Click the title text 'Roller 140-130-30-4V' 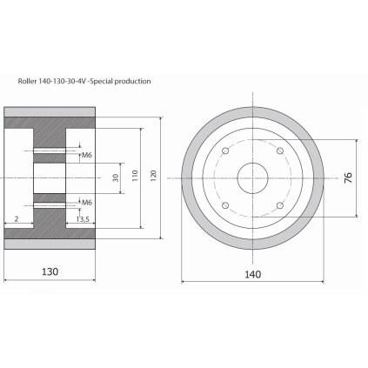pos(52,81)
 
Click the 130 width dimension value pos(50,271)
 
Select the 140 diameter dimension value pos(253,274)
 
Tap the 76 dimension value pos(348,177)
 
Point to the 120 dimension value pos(153,176)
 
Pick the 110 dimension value pos(135,176)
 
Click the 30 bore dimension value pos(116,177)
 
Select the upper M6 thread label pos(87,155)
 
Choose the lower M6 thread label pos(87,203)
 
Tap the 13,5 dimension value pos(83,219)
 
